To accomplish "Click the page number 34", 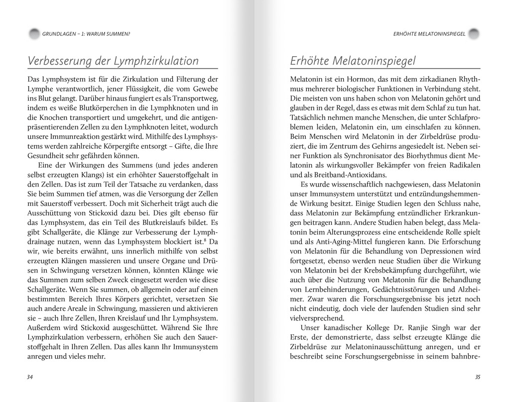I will (x=30, y=377).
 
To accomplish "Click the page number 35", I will (x=478, y=377).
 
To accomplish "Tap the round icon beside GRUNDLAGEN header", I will (x=34, y=34).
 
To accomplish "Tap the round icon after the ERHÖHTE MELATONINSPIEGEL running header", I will (x=474, y=34).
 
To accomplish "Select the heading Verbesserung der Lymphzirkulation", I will (x=113, y=61).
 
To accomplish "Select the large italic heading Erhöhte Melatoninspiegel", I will (x=353, y=61).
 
